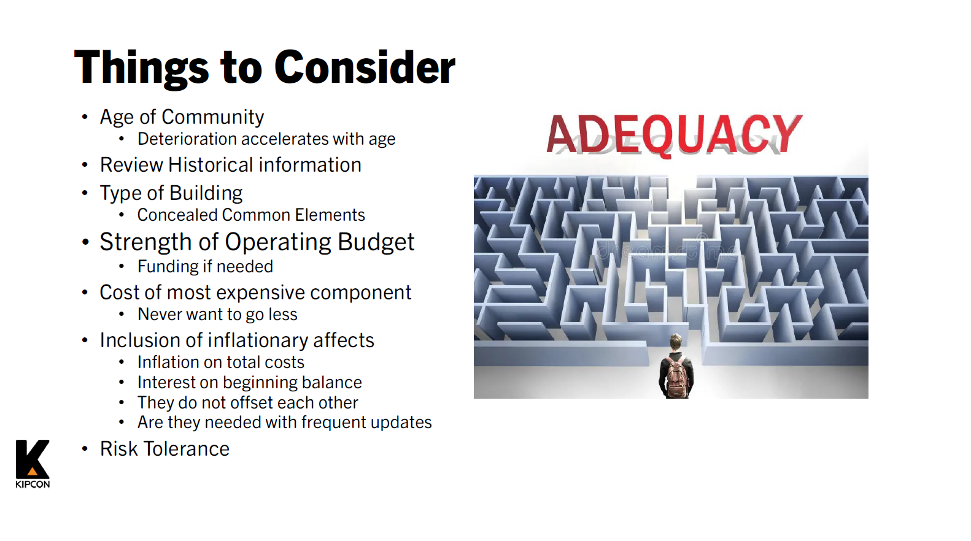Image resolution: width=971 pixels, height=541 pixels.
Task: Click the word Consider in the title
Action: [365, 67]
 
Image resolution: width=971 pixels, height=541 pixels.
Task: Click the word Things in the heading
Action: [142, 69]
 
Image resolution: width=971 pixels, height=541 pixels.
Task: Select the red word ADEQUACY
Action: [674, 135]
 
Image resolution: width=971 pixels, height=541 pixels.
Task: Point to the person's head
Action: [675, 342]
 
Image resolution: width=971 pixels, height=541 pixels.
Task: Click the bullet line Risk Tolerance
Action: [164, 449]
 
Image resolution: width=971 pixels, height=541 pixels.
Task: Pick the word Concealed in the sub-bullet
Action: [177, 215]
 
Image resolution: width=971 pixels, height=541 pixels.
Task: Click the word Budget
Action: [376, 242]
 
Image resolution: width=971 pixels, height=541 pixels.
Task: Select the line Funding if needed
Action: [206, 266]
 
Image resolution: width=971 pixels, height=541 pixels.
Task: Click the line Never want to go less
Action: [218, 315]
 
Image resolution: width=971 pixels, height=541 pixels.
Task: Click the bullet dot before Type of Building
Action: [85, 193]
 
